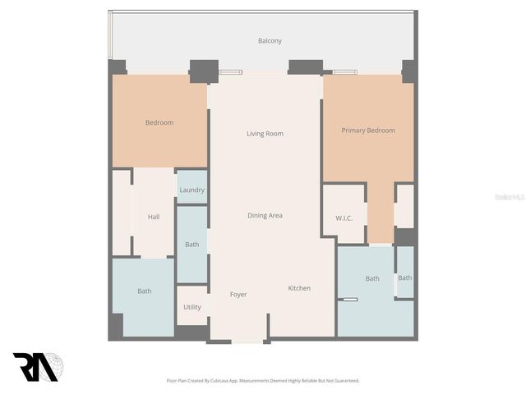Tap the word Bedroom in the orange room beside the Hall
(159, 123)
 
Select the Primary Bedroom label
(368, 131)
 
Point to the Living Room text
(265, 134)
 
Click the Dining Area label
(265, 216)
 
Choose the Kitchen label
(299, 288)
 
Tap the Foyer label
(238, 295)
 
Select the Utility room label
(191, 308)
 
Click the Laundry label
(191, 190)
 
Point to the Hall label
(154, 217)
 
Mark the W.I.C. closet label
(344, 218)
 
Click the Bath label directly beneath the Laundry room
(191, 245)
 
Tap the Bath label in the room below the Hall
(145, 291)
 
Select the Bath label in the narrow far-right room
(404, 278)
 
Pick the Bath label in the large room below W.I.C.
(372, 279)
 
